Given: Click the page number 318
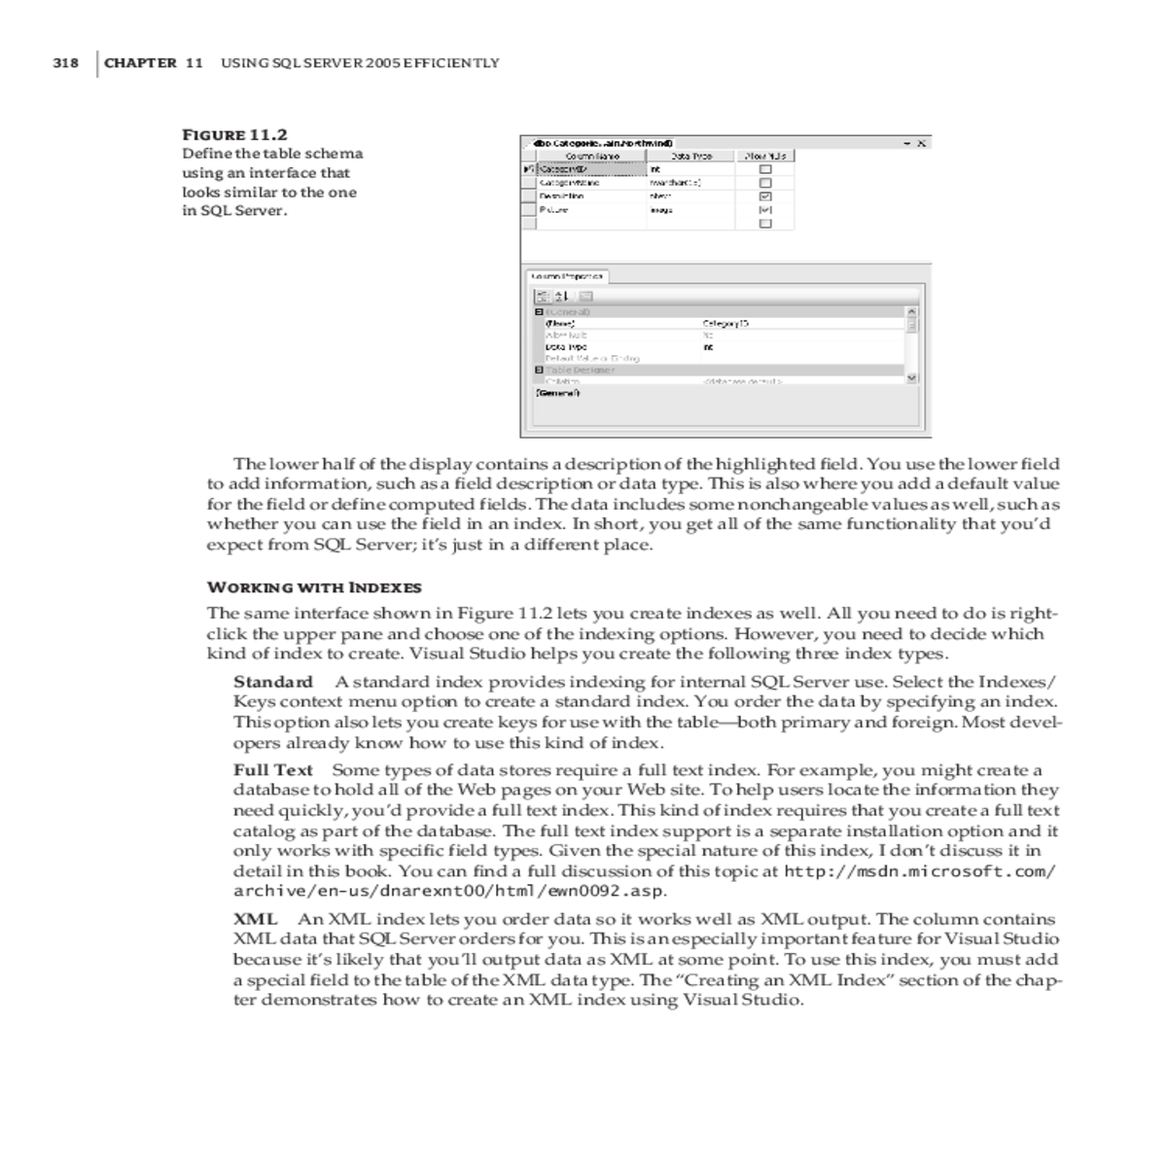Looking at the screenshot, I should pos(65,63).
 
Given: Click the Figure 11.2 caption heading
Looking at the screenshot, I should pos(234,135).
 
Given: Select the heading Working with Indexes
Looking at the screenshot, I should pos(314,587).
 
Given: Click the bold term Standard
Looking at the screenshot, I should pos(273,682).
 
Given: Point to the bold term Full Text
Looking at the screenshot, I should pos(273,770).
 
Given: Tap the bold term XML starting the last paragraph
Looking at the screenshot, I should pos(256,919).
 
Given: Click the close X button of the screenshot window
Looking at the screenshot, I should pos(921,144).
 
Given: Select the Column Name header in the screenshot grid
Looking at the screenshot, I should pos(592,156).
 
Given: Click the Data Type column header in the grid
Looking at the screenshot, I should pos(691,156).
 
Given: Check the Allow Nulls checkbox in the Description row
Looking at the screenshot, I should pos(765,196).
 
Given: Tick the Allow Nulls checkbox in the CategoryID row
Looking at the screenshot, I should pos(765,169).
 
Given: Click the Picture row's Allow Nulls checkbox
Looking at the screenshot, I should pos(765,210).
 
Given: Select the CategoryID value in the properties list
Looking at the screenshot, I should pos(725,323).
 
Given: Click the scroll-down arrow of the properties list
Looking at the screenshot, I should pos(911,378).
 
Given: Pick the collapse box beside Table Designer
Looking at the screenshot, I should pos(539,371).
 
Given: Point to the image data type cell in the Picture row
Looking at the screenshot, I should pos(662,210).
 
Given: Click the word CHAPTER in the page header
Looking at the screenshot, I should pos(140,63).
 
